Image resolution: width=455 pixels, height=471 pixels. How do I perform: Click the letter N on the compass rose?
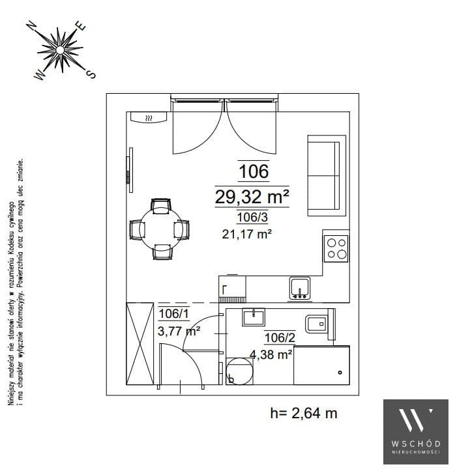pos(31,26)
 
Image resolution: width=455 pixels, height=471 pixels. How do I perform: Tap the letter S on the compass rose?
pos(91,74)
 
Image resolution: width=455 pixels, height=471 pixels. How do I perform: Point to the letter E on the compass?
pos(81,26)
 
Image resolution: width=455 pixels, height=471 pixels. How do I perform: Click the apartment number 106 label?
pos(254,171)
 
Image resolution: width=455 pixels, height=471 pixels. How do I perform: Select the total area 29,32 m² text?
pos(252,197)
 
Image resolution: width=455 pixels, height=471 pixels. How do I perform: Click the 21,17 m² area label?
pos(247,234)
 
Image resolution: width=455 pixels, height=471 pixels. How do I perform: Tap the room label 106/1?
pos(173,313)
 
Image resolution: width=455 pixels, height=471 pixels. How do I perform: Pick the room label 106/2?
pos(280,337)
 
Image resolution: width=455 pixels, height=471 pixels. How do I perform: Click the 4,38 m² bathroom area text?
pos(271,354)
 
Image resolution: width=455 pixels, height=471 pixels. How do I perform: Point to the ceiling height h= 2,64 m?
pos(304,413)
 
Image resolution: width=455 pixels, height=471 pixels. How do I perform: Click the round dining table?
pos(161,229)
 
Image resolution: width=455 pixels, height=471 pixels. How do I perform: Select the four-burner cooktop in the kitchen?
pos(336,249)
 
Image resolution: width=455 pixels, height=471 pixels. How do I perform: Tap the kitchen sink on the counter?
pos(300,289)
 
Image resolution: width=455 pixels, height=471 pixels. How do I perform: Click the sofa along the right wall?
pos(327,176)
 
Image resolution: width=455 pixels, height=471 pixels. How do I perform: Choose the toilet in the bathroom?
pos(320,324)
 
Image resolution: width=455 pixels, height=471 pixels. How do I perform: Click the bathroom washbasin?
pos(254,317)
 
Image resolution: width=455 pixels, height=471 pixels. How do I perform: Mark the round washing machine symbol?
pos(239,371)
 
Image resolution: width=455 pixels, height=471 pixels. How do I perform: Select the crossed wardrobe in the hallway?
pos(139,343)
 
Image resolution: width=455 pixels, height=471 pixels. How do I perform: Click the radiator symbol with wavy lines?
pos(149,117)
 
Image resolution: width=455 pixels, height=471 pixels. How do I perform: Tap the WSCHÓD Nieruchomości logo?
pos(416,432)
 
